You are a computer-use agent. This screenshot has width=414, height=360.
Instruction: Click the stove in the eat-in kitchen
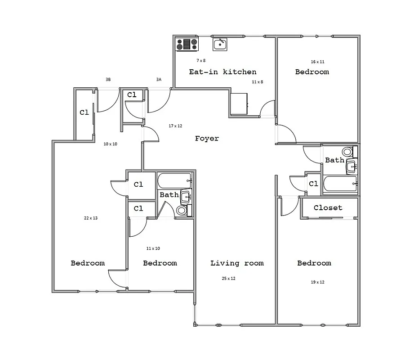point(187,44)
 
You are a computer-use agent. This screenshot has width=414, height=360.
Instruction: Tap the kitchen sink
point(220,44)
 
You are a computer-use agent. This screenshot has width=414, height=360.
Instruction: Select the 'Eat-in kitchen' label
point(223,72)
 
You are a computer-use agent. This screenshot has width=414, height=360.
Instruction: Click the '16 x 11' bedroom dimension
point(317,62)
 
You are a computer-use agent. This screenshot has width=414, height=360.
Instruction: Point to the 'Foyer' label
point(207,139)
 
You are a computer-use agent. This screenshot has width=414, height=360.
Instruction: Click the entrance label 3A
point(159,80)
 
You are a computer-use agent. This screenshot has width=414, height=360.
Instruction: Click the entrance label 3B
point(108,80)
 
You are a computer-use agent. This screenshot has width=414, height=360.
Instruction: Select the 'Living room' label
point(237,263)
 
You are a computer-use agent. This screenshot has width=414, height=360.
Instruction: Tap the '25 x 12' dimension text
point(228,279)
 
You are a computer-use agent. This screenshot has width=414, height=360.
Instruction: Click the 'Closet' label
point(328,208)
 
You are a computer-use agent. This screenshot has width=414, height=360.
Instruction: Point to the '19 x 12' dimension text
point(317,282)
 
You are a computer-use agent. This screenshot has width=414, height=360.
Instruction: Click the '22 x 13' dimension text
point(90,218)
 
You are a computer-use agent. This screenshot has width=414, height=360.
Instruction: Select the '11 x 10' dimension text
point(153,248)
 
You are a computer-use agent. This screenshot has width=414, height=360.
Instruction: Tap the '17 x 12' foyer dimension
point(175,126)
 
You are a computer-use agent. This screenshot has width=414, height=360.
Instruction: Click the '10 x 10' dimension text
point(110,144)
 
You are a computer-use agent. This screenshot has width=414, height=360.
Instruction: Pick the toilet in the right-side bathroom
point(347,152)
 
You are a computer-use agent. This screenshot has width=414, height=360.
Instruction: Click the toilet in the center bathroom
point(182,210)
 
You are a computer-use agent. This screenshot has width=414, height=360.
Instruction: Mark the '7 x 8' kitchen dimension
point(200,60)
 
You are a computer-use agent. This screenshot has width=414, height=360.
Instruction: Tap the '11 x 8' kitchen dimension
point(257,82)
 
